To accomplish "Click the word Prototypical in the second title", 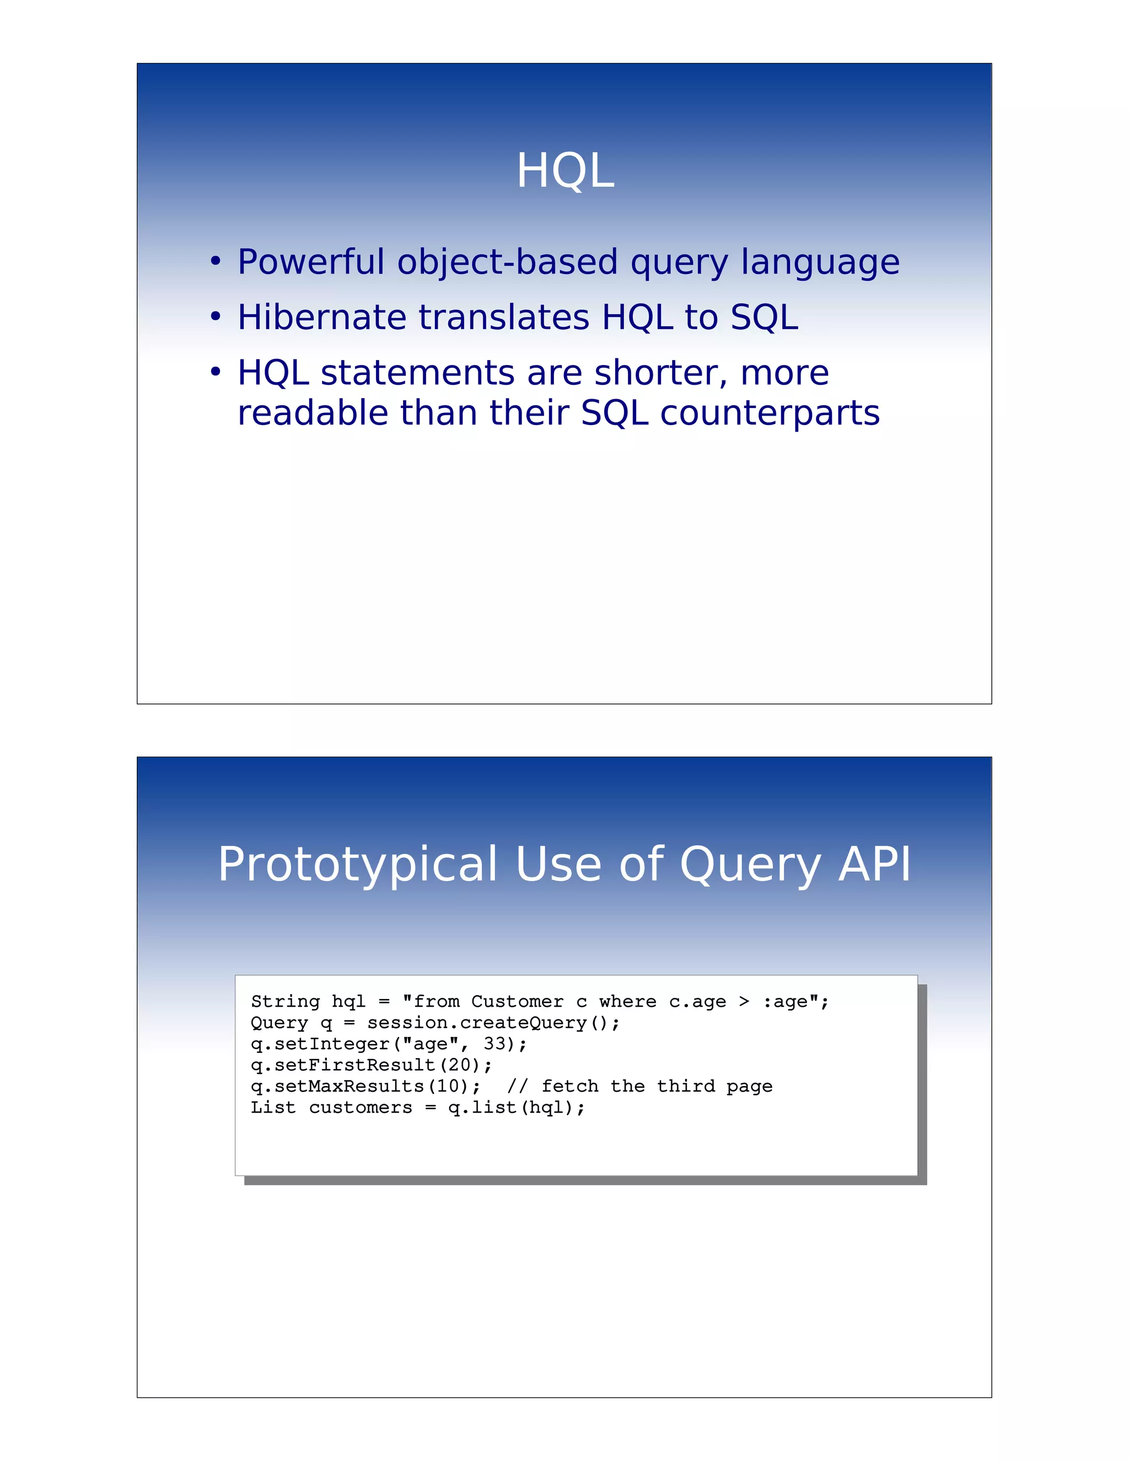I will coord(358,865).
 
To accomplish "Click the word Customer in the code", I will coord(517,1001).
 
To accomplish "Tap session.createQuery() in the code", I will coord(493,1023).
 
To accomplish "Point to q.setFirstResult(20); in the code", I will coord(371,1065).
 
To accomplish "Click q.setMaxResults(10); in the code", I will coord(365,1087).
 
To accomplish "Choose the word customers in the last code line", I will coord(361,1108).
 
